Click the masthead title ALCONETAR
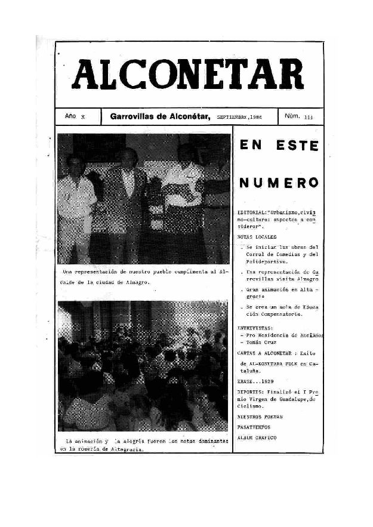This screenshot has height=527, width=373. (187, 75)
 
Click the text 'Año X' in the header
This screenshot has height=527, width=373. (74, 117)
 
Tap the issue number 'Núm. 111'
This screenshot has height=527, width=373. (299, 117)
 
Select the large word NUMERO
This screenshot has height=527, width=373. (278, 181)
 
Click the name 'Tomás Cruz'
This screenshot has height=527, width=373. (263, 343)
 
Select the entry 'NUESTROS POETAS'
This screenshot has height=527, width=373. (260, 416)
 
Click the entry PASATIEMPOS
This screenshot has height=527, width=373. (254, 427)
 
